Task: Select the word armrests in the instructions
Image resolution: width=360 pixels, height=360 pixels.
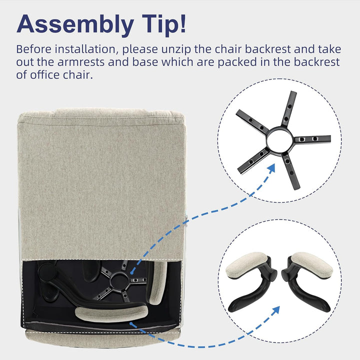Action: [81, 62]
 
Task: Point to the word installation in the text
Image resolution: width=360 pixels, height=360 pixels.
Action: [87, 49]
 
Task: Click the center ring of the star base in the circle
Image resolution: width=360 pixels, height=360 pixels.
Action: [280, 140]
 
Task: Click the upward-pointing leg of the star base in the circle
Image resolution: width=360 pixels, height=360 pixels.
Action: [289, 108]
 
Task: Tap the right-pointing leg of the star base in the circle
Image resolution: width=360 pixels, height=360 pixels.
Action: [312, 139]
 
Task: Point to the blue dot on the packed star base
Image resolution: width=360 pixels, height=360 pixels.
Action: [132, 273]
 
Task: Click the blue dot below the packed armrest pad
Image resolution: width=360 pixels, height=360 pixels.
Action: [131, 323]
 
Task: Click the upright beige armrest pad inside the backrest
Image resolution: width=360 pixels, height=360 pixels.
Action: [158, 283]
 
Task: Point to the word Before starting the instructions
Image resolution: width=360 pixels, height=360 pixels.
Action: [34, 49]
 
